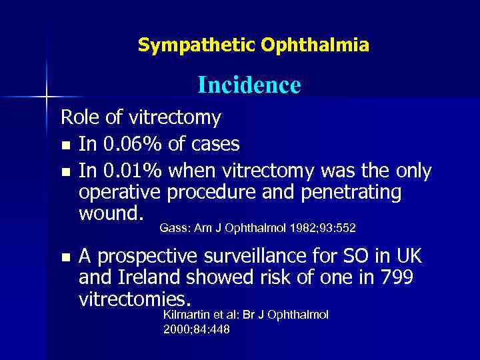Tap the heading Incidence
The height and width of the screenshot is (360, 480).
[249, 85]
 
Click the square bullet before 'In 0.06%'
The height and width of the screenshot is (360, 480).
[65, 145]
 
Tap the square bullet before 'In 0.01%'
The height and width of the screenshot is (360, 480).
[65, 172]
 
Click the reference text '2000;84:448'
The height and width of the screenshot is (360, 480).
[196, 329]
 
